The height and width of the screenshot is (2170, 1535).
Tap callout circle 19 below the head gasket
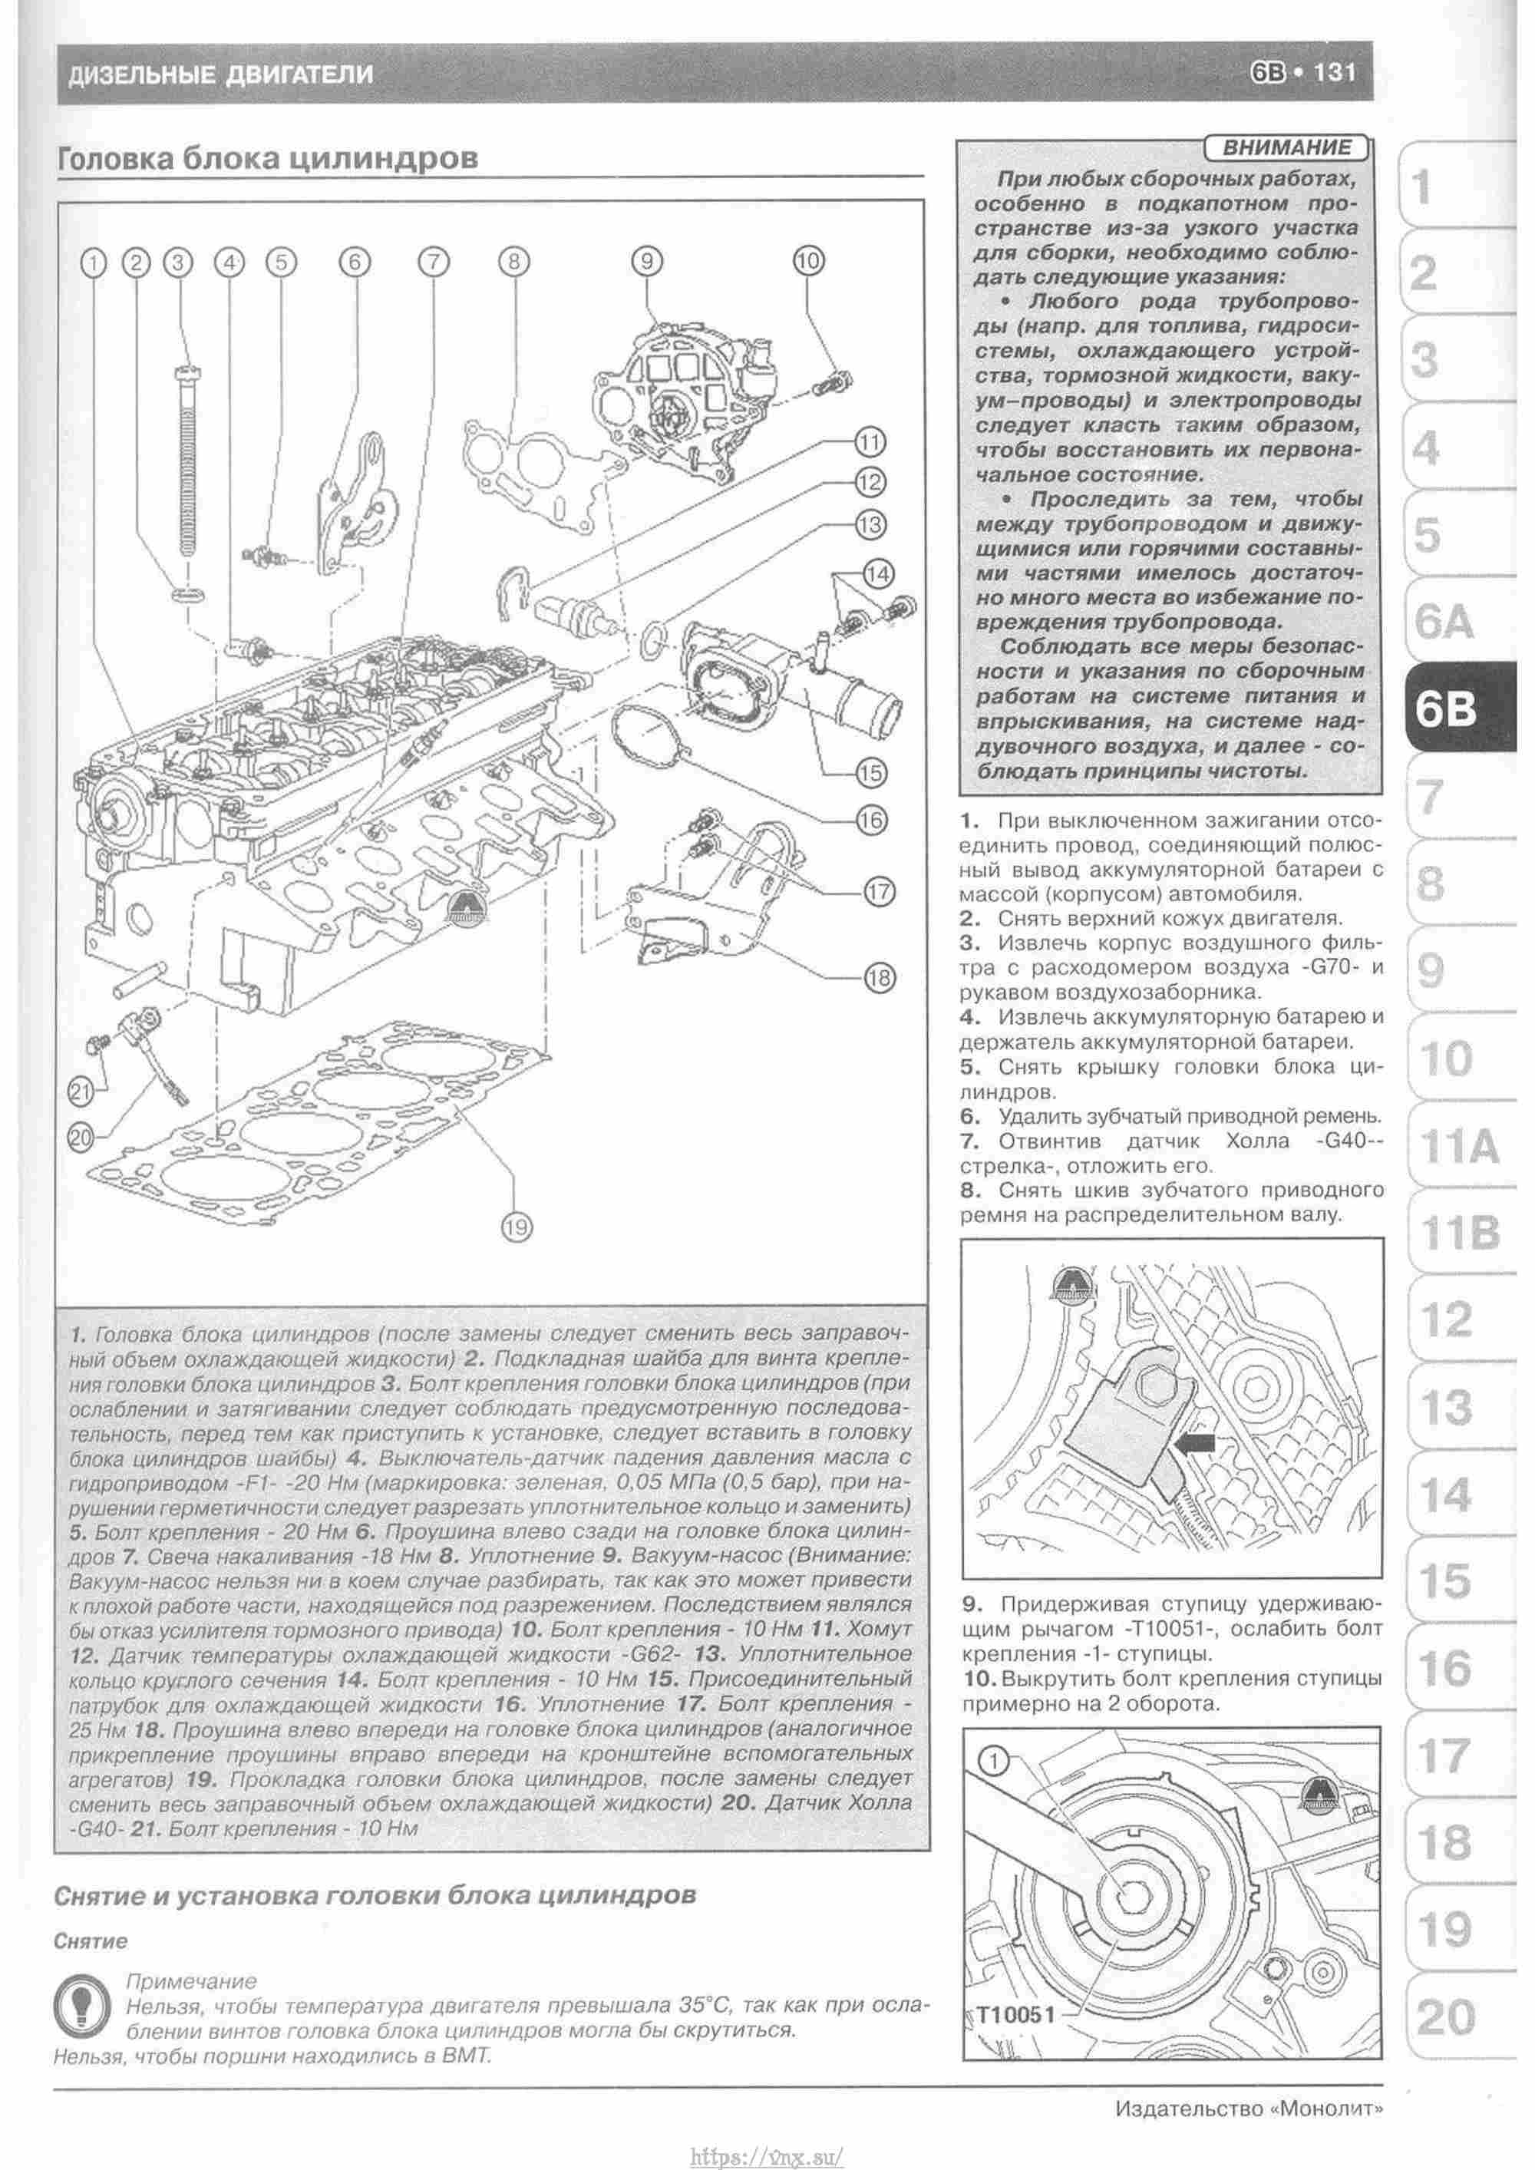[516, 1227]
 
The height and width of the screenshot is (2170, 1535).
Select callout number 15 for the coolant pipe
[870, 772]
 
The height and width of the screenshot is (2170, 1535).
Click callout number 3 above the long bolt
[178, 262]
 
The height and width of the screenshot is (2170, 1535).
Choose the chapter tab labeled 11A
[1458, 1148]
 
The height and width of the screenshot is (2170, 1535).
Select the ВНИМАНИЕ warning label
[1286, 147]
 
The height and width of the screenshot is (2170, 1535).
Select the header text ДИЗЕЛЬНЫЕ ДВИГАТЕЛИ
[220, 74]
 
